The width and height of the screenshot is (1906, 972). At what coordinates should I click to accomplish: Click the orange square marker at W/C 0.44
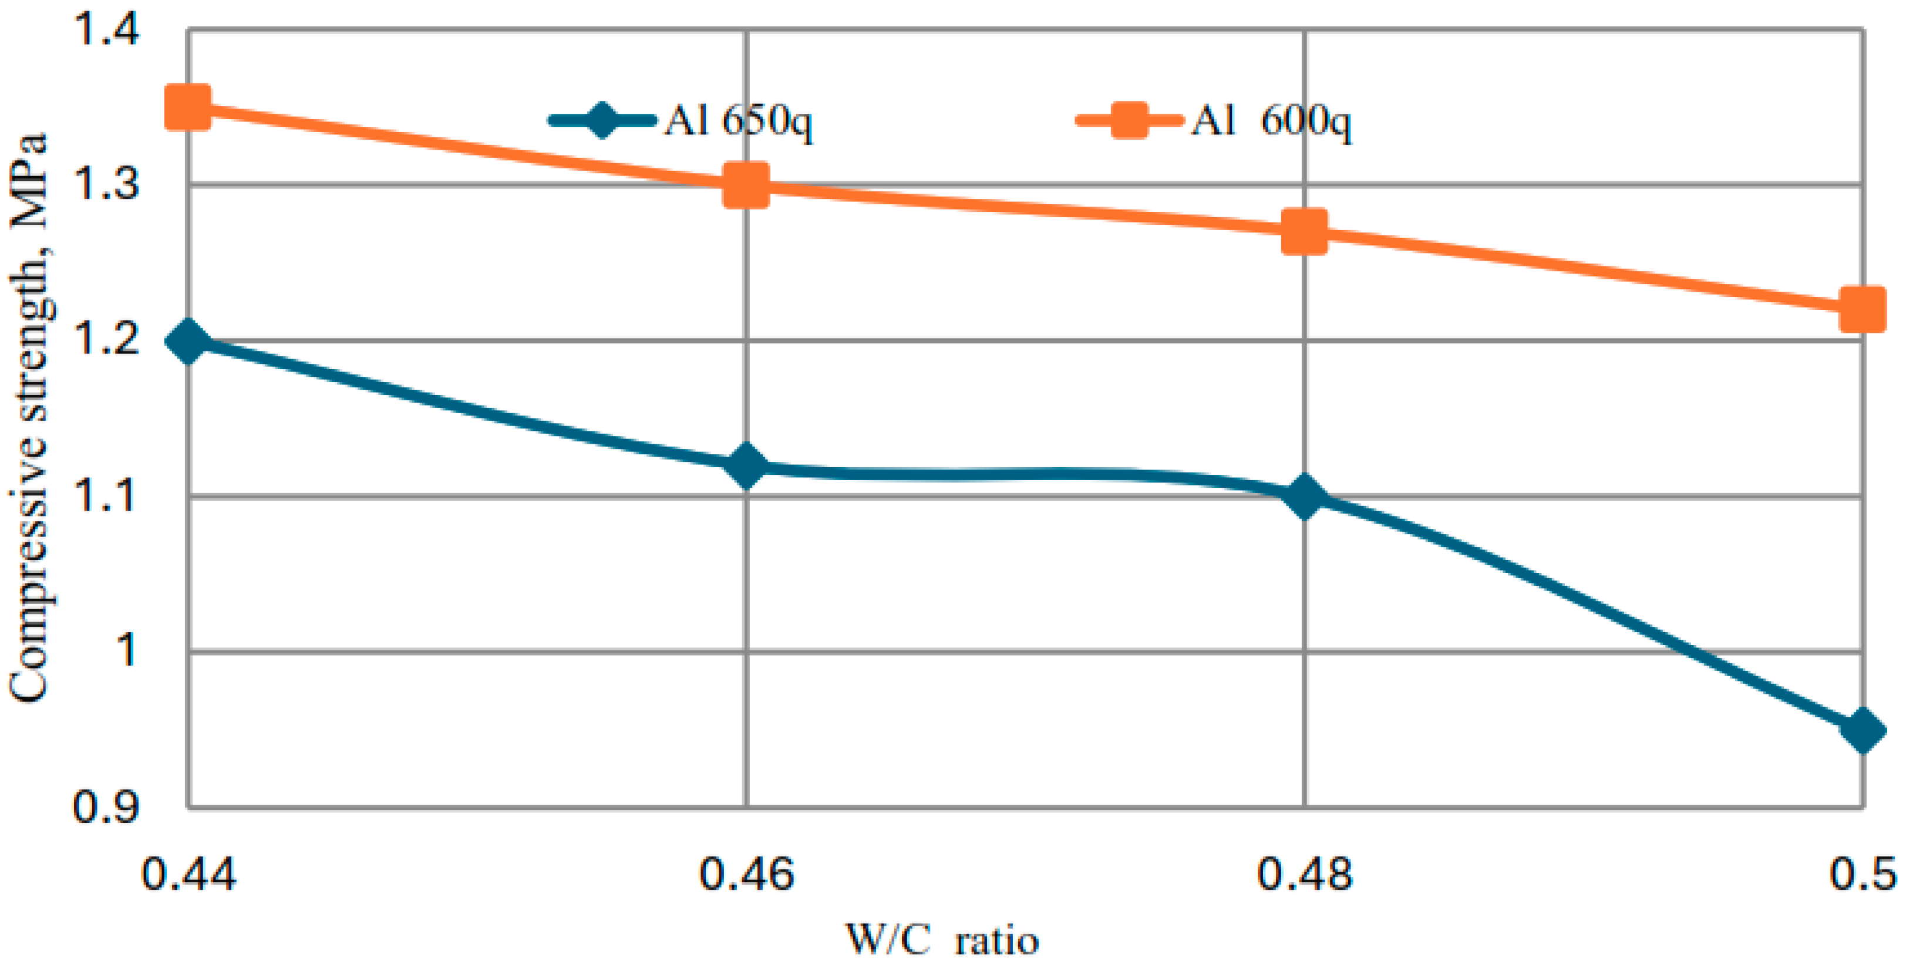(188, 106)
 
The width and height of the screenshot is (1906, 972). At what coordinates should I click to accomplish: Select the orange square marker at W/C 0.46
(746, 185)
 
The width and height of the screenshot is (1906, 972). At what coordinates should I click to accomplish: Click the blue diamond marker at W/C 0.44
(188, 342)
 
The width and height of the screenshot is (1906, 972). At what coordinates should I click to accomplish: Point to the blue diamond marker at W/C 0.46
(746, 466)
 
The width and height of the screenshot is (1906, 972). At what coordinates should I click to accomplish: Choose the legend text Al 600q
(1271, 120)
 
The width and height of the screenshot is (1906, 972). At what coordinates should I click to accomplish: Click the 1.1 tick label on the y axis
(106, 495)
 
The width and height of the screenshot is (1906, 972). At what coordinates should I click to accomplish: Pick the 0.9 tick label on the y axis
(106, 806)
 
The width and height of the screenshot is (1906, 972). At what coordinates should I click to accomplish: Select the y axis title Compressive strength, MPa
(29, 418)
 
